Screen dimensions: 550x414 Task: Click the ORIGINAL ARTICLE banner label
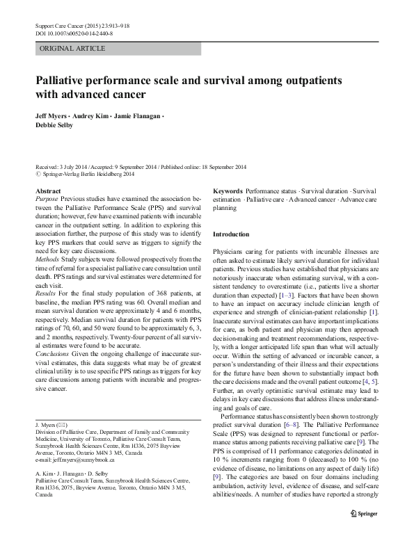coord(73,49)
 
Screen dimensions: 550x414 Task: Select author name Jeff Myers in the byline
coord(54,115)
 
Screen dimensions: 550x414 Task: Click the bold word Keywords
coord(228,191)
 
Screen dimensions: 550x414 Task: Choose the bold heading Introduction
coord(230,234)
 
